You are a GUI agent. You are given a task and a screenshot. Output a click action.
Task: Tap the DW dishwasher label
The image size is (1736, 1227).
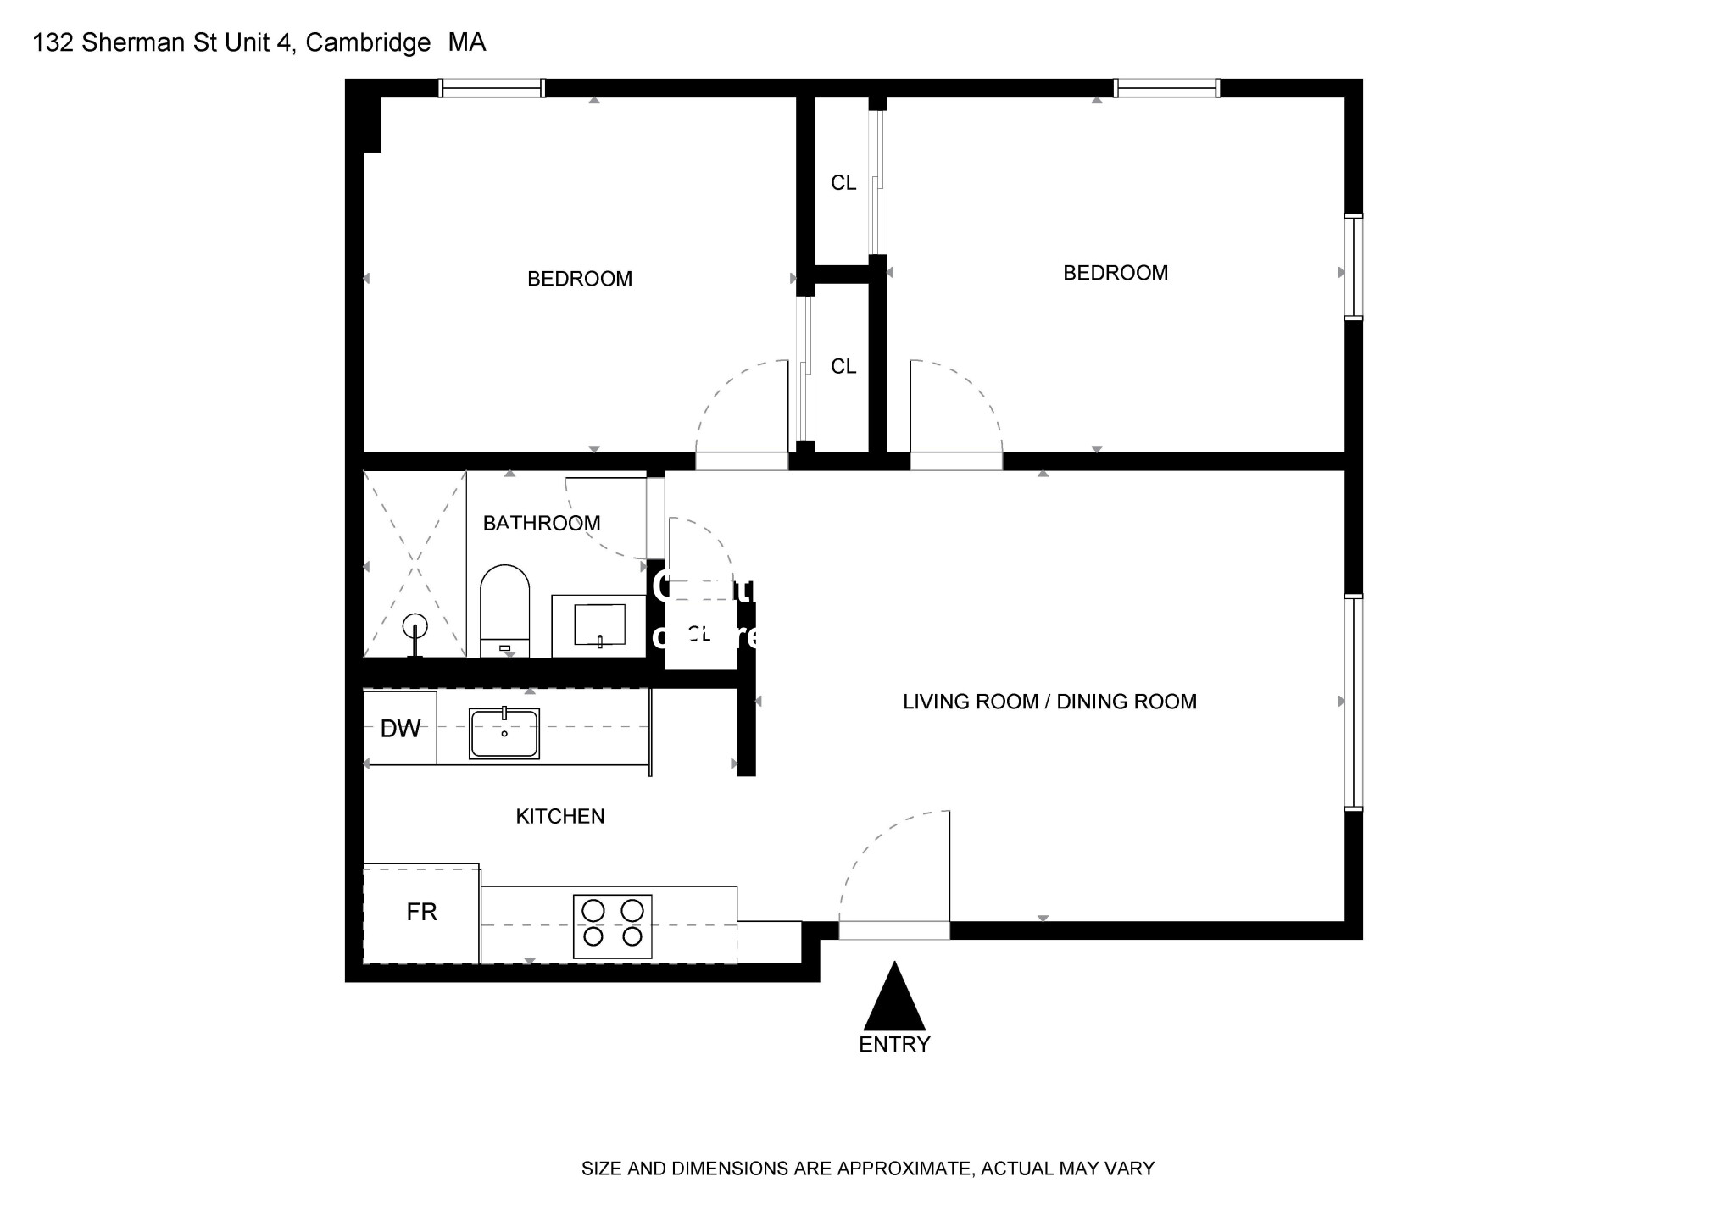(x=400, y=729)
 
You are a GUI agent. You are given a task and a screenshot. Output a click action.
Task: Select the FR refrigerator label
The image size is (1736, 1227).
(x=421, y=913)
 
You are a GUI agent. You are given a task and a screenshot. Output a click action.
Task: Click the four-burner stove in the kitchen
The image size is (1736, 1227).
(x=612, y=926)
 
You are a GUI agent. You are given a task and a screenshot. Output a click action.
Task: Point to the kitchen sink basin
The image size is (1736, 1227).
(x=504, y=734)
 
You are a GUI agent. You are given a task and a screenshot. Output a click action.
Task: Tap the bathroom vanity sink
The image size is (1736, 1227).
(x=599, y=625)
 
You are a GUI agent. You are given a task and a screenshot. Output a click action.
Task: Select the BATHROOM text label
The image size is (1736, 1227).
(x=541, y=524)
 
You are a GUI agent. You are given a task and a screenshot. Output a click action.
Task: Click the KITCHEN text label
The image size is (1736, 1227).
(x=559, y=817)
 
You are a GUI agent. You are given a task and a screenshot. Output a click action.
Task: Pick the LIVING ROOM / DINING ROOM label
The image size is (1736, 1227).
(x=1049, y=702)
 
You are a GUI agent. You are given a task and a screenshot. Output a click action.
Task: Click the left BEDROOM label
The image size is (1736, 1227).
(x=579, y=279)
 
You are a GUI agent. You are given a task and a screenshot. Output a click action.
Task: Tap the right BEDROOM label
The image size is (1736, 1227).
(x=1115, y=273)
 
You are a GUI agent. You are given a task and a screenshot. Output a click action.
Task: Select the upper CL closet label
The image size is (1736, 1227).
(x=843, y=183)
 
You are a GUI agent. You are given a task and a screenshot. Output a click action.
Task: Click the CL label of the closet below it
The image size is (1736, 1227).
(x=843, y=366)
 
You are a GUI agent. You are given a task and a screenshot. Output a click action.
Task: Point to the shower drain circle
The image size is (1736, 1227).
(x=415, y=626)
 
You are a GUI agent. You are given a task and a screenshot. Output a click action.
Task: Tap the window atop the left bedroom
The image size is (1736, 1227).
(x=492, y=88)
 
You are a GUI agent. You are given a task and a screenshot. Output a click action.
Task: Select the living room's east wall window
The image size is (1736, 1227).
(x=1354, y=702)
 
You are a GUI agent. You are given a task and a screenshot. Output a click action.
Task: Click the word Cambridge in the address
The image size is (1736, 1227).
(x=368, y=42)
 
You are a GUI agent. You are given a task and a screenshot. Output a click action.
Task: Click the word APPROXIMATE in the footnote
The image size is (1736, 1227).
(x=903, y=1169)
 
